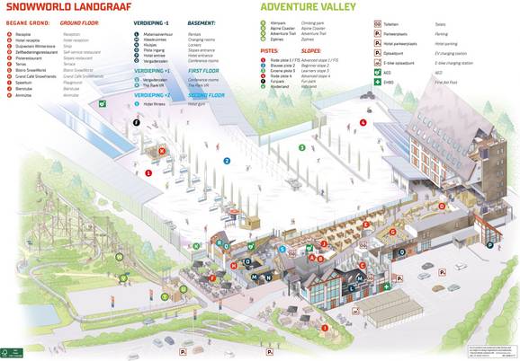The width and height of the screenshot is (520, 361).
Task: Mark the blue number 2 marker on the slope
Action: point(227,161)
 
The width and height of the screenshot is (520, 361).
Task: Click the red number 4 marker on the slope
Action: point(363,121)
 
